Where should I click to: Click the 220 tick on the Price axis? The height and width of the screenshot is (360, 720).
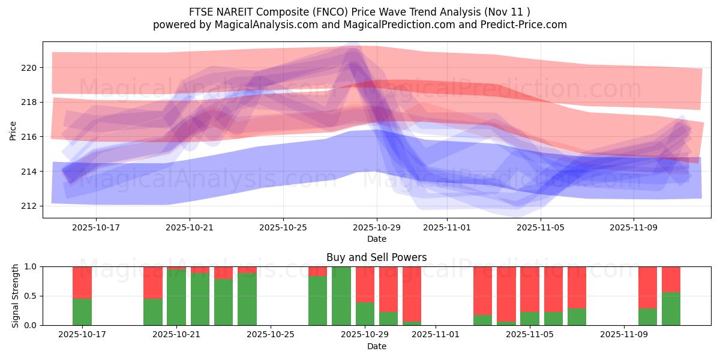[29, 68]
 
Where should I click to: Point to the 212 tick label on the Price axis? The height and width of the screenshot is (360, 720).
[29, 206]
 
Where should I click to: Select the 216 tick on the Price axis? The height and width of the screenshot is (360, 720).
[29, 137]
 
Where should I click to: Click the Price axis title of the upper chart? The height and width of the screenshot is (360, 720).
[13, 130]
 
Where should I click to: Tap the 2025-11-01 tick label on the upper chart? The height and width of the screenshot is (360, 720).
[446, 227]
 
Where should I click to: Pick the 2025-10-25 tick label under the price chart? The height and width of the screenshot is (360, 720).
[284, 227]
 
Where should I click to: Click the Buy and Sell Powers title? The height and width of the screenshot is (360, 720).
[376, 257]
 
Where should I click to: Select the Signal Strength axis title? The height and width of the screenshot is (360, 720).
[15, 296]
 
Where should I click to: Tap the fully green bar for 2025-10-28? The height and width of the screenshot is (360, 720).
[341, 296]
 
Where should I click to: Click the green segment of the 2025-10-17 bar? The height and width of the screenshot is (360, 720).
[82, 312]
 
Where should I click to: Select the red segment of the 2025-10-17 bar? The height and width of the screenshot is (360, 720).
[82, 282]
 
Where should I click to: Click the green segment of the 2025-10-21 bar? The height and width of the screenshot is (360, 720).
[176, 298]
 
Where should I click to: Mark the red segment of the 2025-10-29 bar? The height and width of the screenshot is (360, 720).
[365, 284]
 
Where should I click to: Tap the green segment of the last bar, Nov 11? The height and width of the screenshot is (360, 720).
[671, 309]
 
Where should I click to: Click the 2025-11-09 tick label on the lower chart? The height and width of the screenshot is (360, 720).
[625, 335]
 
